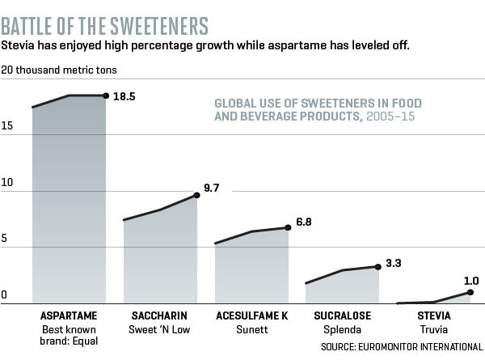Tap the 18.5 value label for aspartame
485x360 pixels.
tap(124, 95)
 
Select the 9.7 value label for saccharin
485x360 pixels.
tap(211, 188)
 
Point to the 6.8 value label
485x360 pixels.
tap(302, 221)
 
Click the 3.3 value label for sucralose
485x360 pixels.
tap(391, 263)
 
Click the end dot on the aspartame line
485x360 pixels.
tap(106, 95)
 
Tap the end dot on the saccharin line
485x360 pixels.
tap(197, 195)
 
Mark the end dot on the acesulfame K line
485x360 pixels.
tap(289, 227)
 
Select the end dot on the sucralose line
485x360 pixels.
tap(377, 267)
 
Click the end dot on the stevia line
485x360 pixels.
tap(470, 292)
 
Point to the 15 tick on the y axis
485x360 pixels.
tap(6, 127)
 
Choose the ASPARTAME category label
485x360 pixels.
tap(69, 315)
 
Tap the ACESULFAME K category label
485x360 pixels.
tap(251, 315)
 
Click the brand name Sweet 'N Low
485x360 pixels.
tap(160, 329)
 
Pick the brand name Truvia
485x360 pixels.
tap(434, 329)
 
